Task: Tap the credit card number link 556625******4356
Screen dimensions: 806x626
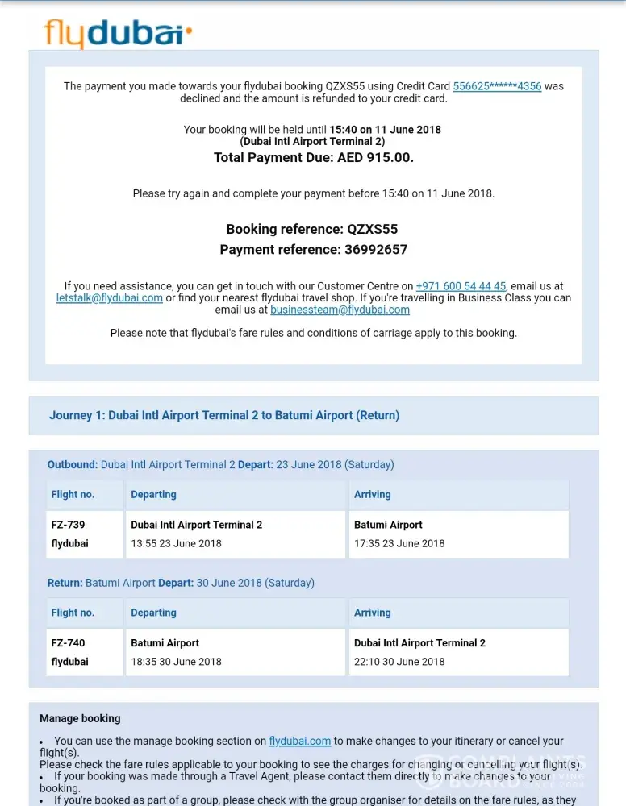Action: tap(497, 86)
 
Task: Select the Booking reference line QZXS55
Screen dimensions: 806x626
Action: tap(312, 230)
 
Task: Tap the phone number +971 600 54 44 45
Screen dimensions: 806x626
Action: tap(461, 286)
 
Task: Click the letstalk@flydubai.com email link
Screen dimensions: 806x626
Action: tap(110, 297)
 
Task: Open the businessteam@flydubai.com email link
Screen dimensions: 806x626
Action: tap(340, 310)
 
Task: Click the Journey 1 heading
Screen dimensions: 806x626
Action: tap(224, 415)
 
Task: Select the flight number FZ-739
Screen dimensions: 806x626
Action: tap(68, 525)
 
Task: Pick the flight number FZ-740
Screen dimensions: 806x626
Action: tap(68, 643)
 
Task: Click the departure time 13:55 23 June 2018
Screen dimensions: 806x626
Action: tap(176, 543)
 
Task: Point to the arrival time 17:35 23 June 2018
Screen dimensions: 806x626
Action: tap(399, 543)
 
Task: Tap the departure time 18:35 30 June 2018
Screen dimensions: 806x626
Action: tap(176, 662)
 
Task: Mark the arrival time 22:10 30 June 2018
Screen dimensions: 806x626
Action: tap(399, 662)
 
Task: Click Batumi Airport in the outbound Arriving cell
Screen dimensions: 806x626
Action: tap(388, 525)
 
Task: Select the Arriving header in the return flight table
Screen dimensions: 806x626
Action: tap(372, 613)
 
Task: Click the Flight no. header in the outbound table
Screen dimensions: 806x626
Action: tap(73, 494)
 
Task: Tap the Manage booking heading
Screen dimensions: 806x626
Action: tap(80, 718)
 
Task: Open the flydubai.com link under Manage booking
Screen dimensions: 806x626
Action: tap(300, 741)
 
